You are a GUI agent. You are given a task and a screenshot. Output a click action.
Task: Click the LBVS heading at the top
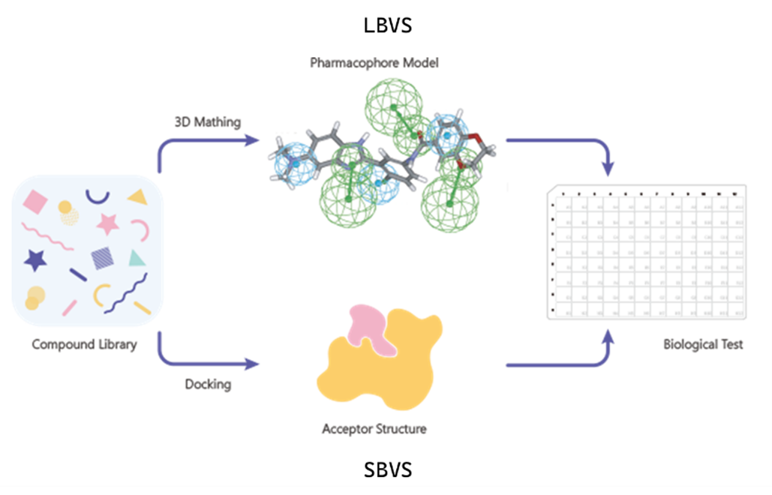point(387,25)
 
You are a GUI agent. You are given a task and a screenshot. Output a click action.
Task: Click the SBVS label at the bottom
point(387,470)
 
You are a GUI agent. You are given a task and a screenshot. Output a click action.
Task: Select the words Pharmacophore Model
point(374,63)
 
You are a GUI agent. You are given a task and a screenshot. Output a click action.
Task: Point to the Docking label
point(208,385)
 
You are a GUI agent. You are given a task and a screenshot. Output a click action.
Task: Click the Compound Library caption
point(85,345)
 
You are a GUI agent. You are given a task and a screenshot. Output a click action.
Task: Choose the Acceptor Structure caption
point(374,430)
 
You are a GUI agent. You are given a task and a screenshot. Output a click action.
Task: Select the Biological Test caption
point(703,345)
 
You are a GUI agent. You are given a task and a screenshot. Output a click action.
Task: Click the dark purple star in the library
point(35,259)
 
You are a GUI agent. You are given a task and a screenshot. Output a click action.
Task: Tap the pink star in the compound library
point(108,223)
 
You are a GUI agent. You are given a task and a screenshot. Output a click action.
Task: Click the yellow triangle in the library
point(138,197)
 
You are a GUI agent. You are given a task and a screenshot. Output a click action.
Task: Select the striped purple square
point(102,259)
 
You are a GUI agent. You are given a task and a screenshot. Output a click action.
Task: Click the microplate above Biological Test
point(644,253)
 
